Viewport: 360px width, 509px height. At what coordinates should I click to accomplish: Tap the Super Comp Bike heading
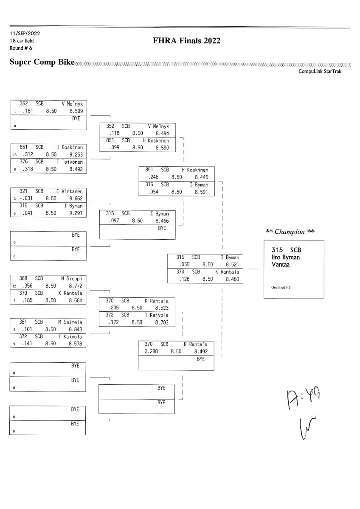click(x=42, y=62)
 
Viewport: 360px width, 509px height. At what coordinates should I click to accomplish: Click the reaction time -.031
click(x=27, y=198)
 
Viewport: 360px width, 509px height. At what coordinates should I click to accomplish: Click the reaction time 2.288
click(x=151, y=351)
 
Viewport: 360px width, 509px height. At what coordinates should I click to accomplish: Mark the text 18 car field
click(x=22, y=41)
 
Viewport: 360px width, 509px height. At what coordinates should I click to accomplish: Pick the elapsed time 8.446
click(x=201, y=176)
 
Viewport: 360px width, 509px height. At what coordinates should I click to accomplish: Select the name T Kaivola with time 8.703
click(x=157, y=315)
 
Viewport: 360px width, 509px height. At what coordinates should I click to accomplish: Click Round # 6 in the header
click(x=20, y=48)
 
